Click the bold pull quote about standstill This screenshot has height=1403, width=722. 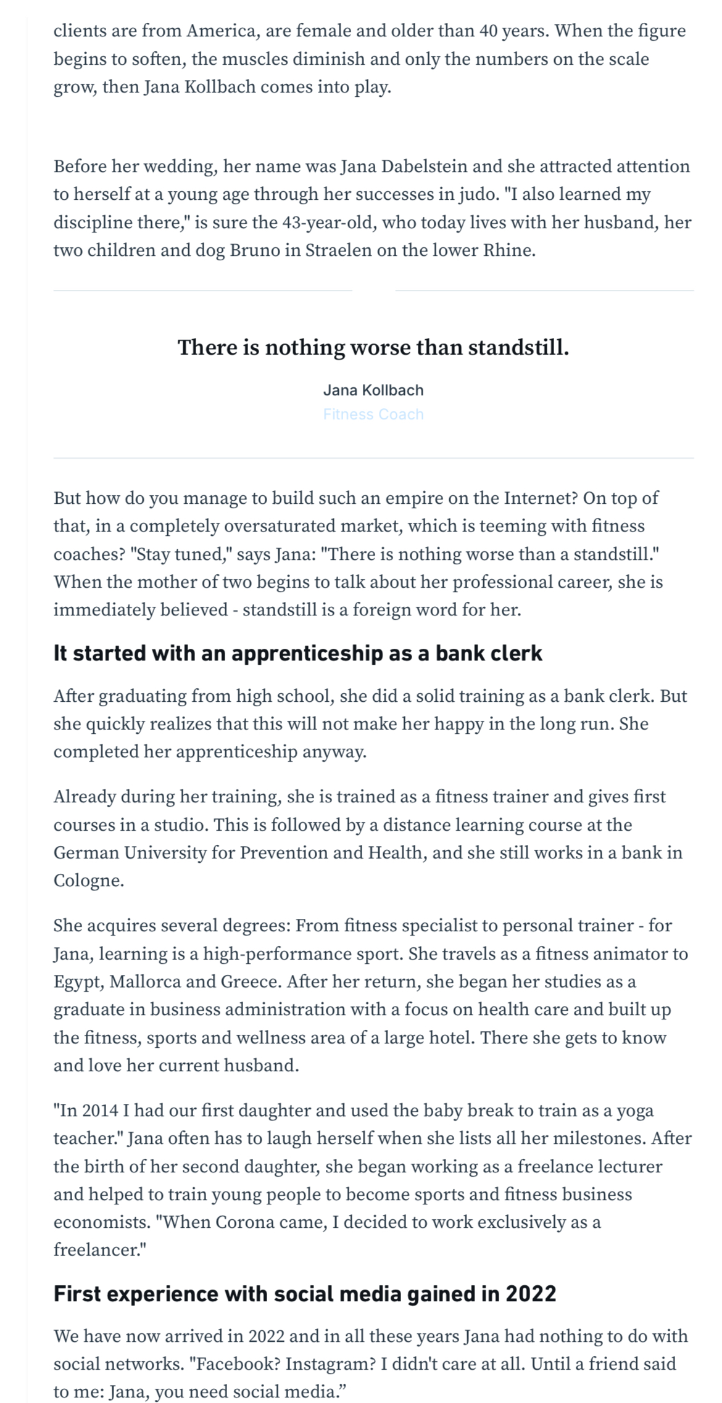coord(373,348)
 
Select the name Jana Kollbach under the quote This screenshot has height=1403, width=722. coord(373,390)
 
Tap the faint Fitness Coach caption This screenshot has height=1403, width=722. coord(373,414)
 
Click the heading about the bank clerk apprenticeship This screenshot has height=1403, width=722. coord(298,654)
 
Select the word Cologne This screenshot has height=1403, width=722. coord(88,881)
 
